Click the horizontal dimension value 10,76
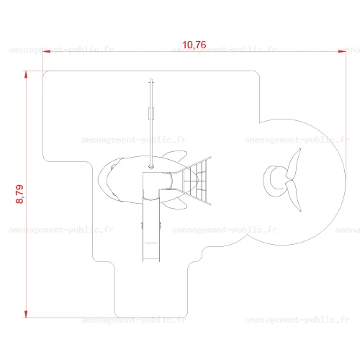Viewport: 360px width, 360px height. pyautogui.click(x=194, y=45)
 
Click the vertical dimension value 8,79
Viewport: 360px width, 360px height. pyautogui.click(x=19, y=194)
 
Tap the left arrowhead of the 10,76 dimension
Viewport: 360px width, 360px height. pyautogui.click(x=47, y=51)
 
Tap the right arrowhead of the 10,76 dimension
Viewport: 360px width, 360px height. pyautogui.click(x=342, y=51)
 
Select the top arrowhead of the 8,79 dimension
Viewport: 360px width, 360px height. pyautogui.click(x=26, y=75)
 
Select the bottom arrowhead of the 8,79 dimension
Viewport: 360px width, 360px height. pyautogui.click(x=26, y=314)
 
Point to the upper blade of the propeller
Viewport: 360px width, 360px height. pyautogui.click(x=294, y=163)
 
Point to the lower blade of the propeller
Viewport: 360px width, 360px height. pyautogui.click(x=294, y=197)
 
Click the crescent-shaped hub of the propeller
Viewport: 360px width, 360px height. pyautogui.click(x=268, y=181)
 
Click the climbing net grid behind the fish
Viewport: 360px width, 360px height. pyautogui.click(x=195, y=181)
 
